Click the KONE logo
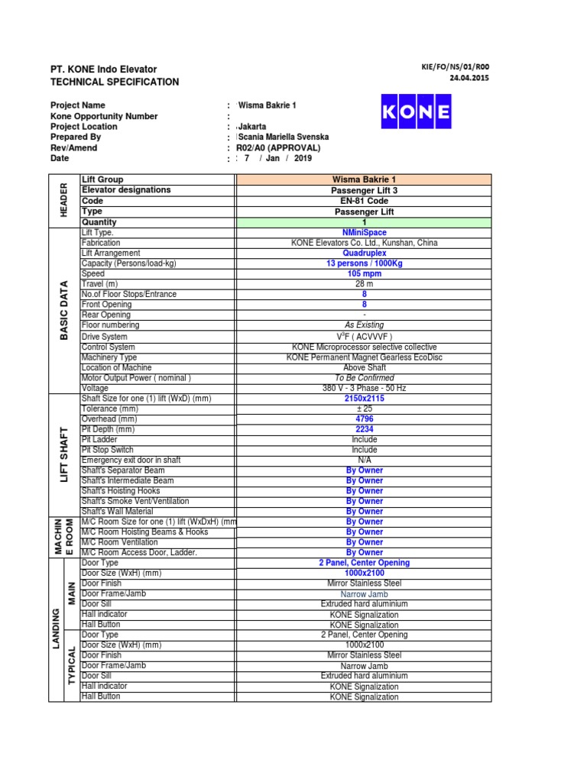(415, 114)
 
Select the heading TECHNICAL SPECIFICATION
(115, 82)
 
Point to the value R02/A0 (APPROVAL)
(278, 148)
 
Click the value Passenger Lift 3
(364, 190)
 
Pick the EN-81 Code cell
(364, 201)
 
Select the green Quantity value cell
(364, 222)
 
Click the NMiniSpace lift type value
(364, 232)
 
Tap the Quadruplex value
(364, 253)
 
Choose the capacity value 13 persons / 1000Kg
(364, 263)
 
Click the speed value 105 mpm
(364, 273)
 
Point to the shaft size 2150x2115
(364, 399)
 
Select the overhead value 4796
(364, 419)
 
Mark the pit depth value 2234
(364, 429)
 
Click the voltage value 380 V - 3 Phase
(364, 388)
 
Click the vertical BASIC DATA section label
(65, 310)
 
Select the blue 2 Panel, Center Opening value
(364, 563)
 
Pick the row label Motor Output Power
(136, 377)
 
